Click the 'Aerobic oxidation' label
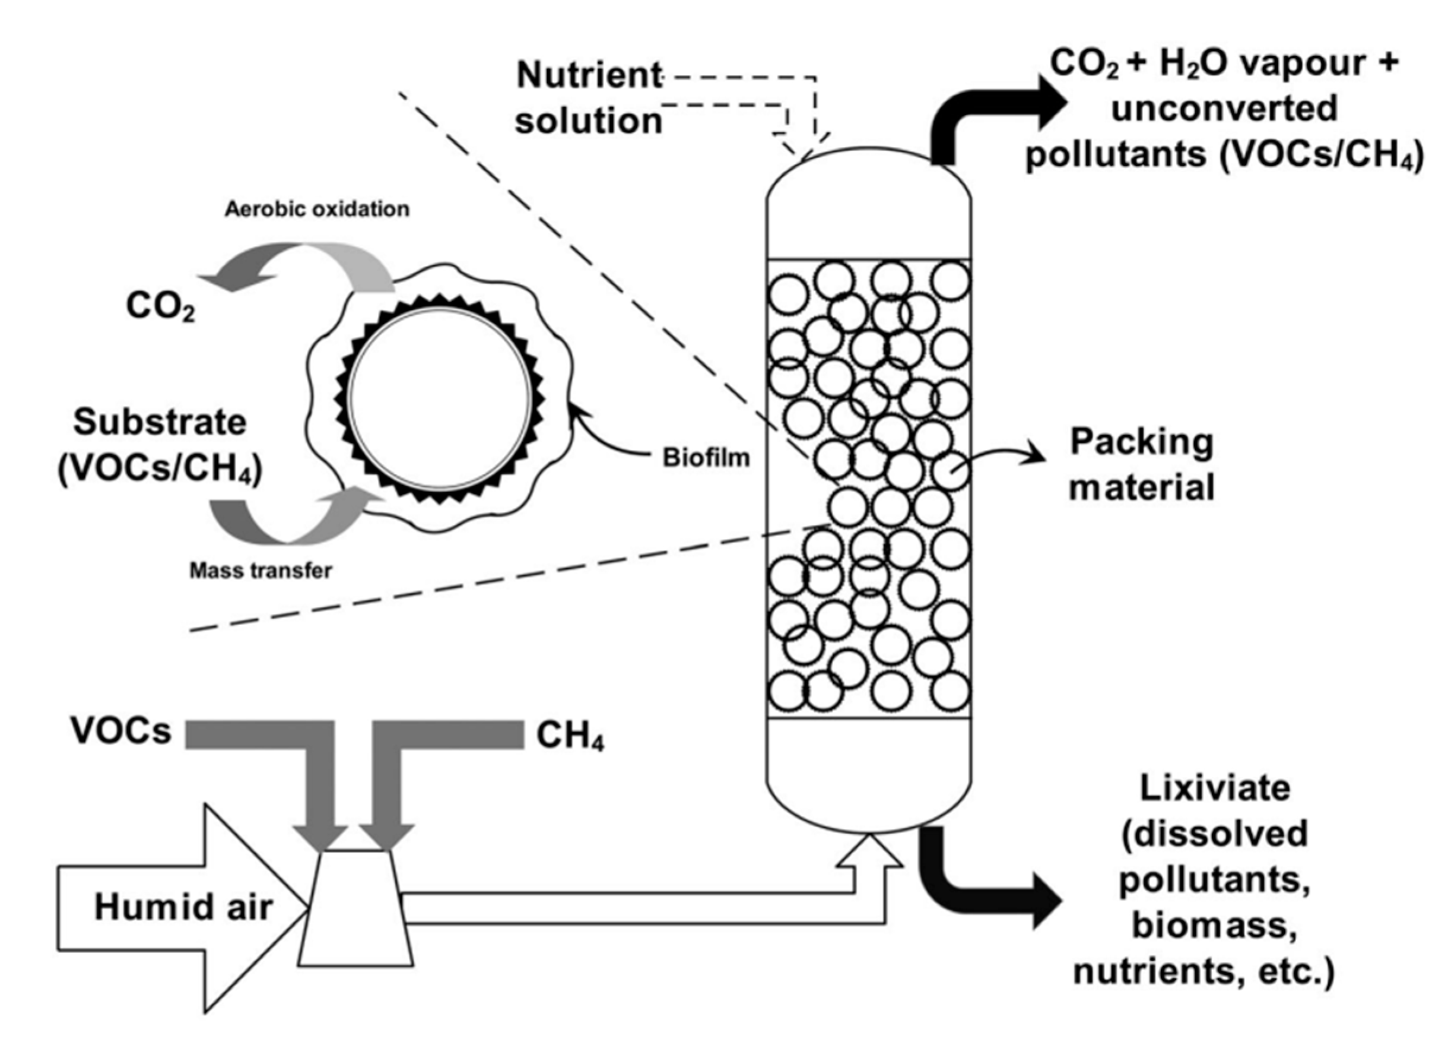[317, 210]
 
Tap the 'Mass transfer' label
[261, 571]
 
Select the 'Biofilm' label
[706, 458]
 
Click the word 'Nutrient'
[589, 75]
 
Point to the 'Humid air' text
[183, 907]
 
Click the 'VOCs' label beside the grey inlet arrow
[121, 731]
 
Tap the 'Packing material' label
[1142, 464]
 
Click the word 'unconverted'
[1224, 109]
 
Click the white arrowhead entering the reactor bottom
[869, 853]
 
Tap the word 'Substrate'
[160, 423]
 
